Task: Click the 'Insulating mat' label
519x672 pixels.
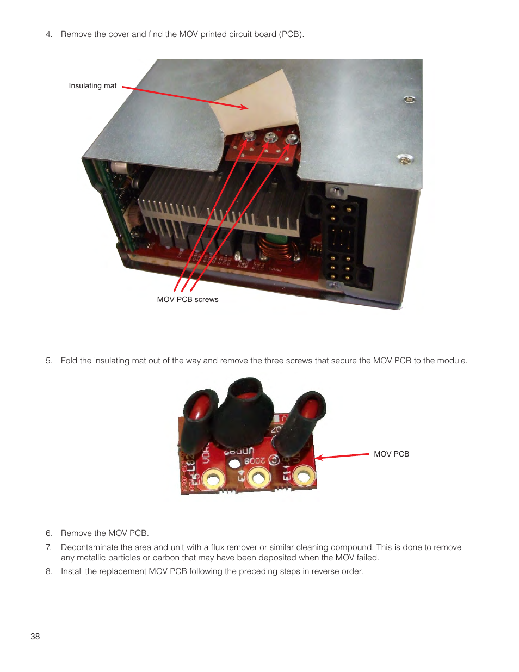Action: click(92, 85)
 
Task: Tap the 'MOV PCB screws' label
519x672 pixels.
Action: click(188, 299)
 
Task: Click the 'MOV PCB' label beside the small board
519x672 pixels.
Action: click(391, 454)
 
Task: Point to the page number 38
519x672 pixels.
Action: click(35, 636)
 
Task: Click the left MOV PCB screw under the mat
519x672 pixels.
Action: click(250, 136)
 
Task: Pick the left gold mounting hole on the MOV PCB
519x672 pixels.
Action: click(213, 479)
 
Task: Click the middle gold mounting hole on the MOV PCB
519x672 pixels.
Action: click(258, 478)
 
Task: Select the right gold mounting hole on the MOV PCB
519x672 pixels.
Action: click(303, 477)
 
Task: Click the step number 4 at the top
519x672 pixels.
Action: click(49, 34)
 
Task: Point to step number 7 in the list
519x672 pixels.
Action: click(49, 547)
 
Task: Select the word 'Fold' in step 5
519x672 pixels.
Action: click(69, 361)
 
